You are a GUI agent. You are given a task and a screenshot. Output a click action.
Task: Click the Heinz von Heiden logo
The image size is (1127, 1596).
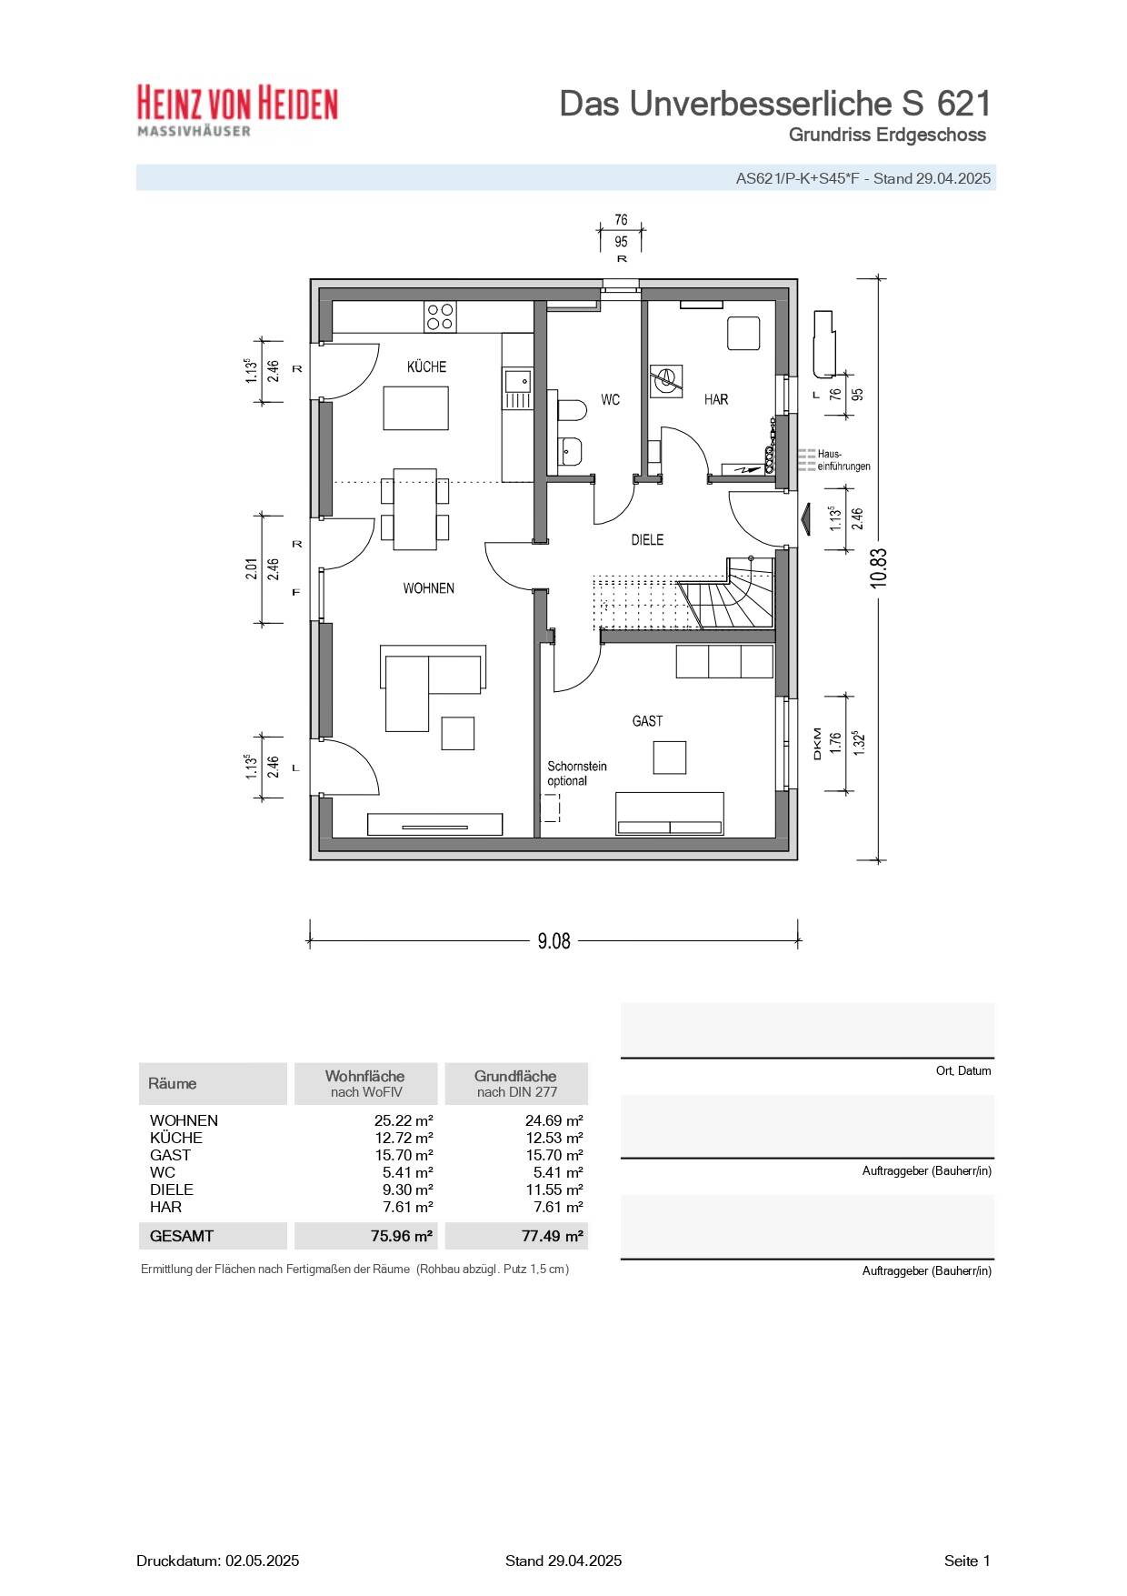click(237, 110)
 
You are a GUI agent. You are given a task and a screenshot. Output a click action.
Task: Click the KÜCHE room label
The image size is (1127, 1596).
click(426, 366)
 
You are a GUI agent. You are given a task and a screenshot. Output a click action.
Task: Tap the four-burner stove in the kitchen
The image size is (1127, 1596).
click(441, 316)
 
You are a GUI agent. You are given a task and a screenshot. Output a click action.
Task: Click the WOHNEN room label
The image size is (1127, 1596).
click(428, 588)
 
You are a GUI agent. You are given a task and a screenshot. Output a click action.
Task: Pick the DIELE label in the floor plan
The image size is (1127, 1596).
click(647, 539)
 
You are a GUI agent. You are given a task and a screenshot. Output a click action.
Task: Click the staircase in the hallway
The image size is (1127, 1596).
click(727, 600)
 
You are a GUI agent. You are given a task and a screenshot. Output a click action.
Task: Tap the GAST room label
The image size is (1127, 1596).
click(647, 721)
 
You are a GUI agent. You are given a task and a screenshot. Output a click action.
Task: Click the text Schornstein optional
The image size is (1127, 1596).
click(576, 774)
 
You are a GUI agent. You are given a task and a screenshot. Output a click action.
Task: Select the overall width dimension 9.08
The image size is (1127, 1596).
click(554, 941)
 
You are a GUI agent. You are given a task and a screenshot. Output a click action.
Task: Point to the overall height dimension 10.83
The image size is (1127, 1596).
click(878, 568)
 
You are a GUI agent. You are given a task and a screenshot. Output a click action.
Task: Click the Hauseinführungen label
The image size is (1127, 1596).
click(843, 460)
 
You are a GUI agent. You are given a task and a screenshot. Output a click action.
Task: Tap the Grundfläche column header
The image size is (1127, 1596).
click(515, 1083)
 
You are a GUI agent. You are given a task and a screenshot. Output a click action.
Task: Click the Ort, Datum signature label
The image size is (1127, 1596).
click(962, 1070)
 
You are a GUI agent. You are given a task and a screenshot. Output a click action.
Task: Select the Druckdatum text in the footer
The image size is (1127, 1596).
click(217, 1561)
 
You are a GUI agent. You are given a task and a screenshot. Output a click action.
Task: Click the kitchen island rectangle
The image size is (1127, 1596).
click(415, 407)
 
